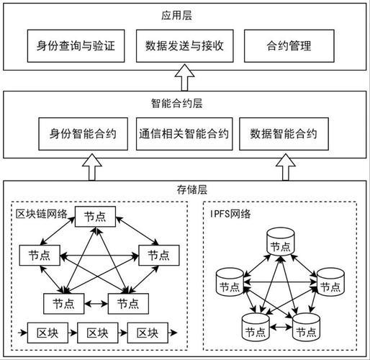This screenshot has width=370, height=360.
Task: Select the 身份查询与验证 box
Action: coord(71,46)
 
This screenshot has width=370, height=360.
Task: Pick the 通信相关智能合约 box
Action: coord(184,134)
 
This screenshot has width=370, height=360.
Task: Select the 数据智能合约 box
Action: coord(284,134)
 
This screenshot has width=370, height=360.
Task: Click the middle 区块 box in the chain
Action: coord(96,333)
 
